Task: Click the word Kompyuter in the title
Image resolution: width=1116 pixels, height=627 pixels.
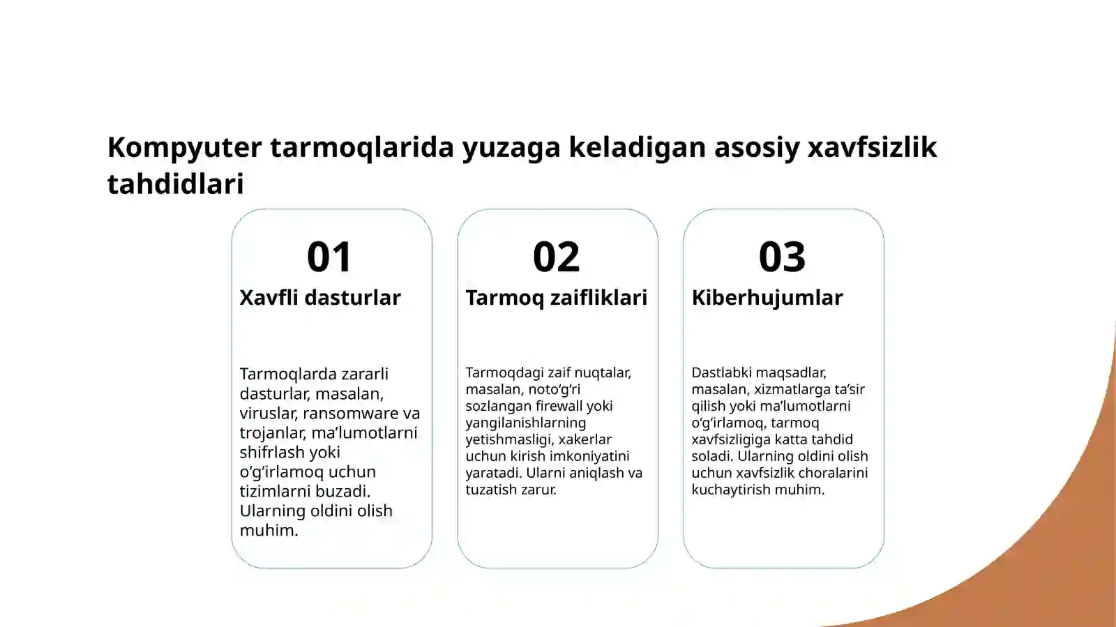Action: (184, 148)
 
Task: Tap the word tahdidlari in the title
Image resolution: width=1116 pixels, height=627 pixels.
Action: (176, 184)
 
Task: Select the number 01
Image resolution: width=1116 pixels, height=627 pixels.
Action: (330, 257)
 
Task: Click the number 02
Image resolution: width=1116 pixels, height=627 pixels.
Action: (556, 257)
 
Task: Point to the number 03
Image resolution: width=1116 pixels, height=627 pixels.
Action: (782, 257)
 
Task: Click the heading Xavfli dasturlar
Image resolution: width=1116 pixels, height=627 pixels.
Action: (320, 298)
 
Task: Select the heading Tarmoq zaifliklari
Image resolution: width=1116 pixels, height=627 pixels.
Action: (556, 298)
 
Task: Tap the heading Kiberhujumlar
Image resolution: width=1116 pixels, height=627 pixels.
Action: (767, 298)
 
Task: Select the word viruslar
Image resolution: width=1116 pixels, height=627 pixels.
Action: (268, 413)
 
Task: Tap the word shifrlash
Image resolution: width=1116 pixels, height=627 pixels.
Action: (271, 452)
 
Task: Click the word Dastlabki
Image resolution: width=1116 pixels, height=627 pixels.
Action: (721, 372)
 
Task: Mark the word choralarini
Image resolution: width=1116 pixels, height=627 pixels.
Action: (833, 473)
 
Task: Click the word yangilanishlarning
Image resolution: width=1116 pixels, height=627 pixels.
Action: (525, 423)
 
